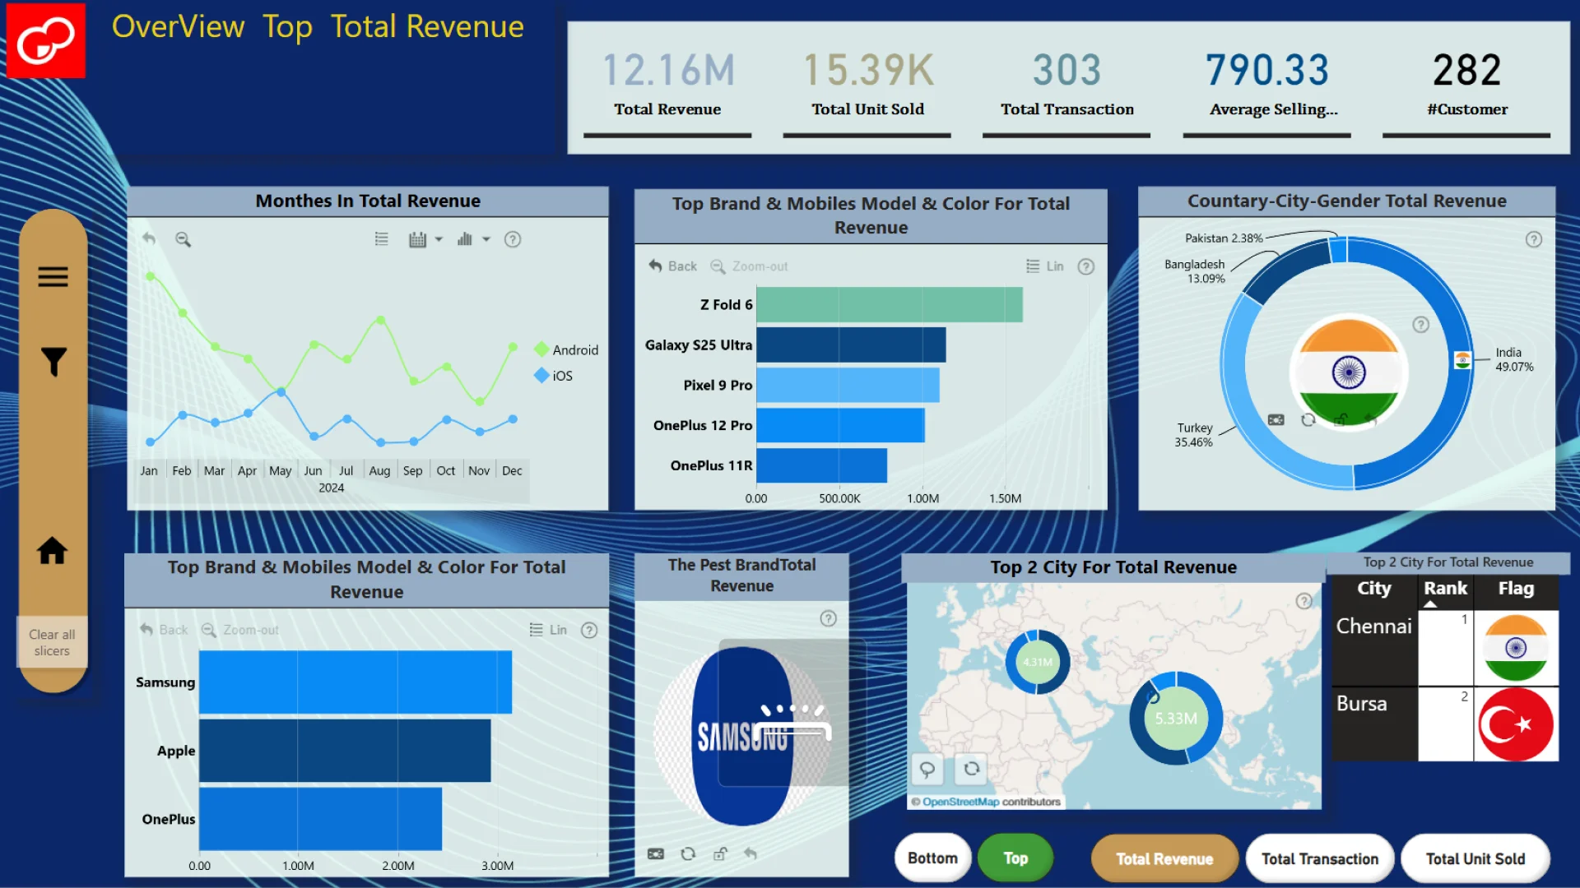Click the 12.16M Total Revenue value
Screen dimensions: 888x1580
(668, 71)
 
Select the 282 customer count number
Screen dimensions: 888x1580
(1466, 71)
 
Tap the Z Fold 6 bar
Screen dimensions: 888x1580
(889, 305)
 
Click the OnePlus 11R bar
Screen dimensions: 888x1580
(821, 465)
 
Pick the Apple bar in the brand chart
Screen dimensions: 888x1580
(344, 751)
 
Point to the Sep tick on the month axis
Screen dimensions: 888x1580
(412, 471)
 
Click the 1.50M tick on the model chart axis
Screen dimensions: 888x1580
(1005, 498)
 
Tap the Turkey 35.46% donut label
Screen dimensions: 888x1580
(1193, 435)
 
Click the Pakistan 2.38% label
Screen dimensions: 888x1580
(1223, 238)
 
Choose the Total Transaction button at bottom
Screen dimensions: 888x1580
(1319, 858)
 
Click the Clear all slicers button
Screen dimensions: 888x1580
(52, 642)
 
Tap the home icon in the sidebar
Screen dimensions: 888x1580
(52, 551)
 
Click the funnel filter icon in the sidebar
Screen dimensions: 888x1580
(53, 362)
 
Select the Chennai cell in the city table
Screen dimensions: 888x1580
(1373, 627)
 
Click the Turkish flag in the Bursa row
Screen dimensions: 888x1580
(1516, 724)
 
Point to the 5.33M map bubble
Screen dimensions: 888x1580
(1176, 719)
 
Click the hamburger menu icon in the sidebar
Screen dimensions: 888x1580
(53, 277)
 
